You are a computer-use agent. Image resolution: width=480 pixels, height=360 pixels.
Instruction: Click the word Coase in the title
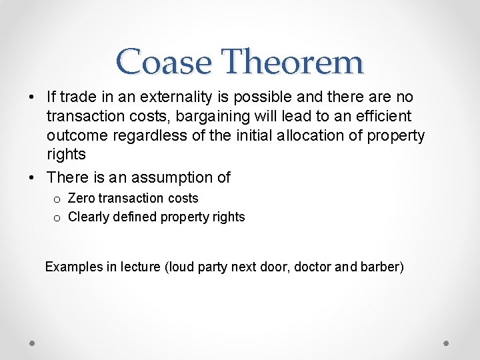pyautogui.click(x=164, y=62)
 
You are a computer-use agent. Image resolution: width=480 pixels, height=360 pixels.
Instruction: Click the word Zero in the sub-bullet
pyautogui.click(x=81, y=198)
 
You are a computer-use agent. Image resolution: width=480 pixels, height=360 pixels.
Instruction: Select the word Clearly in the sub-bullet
pyautogui.click(x=87, y=217)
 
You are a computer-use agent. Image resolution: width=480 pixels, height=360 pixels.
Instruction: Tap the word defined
pyautogui.click(x=133, y=217)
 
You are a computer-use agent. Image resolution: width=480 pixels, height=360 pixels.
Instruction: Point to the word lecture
pyautogui.click(x=140, y=267)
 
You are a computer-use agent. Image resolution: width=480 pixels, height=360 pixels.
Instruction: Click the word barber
pyautogui.click(x=381, y=267)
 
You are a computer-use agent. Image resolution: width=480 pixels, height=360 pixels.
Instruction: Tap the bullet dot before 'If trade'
pyautogui.click(x=33, y=98)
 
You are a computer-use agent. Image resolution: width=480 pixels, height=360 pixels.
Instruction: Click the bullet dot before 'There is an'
pyautogui.click(x=33, y=178)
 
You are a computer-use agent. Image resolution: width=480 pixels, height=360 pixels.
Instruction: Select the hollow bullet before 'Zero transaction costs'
pyautogui.click(x=57, y=199)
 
